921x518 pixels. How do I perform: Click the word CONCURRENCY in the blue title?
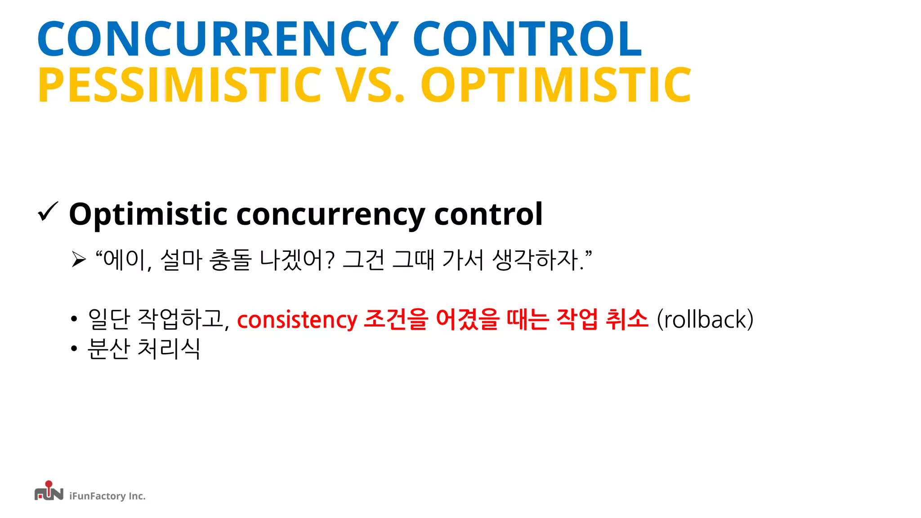click(x=218, y=40)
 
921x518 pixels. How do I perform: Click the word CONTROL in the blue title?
click(x=527, y=40)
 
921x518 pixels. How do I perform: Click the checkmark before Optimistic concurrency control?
click(x=48, y=212)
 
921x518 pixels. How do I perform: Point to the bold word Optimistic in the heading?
click(x=148, y=215)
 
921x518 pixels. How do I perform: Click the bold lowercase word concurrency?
click(x=331, y=215)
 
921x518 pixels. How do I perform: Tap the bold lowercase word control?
click(x=488, y=214)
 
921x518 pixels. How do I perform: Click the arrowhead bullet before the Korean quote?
click(x=79, y=259)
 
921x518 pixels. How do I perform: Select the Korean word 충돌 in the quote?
click(x=230, y=260)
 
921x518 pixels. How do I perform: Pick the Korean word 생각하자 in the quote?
click(x=535, y=260)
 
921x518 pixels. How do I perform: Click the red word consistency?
click(x=297, y=320)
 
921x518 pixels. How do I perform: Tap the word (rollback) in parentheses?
click(x=705, y=320)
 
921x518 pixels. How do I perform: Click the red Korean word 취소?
click(x=627, y=319)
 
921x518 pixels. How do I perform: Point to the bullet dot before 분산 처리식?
click(x=74, y=348)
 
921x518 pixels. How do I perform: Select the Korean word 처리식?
click(x=169, y=348)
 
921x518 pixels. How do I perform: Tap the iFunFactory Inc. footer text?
click(x=107, y=496)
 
